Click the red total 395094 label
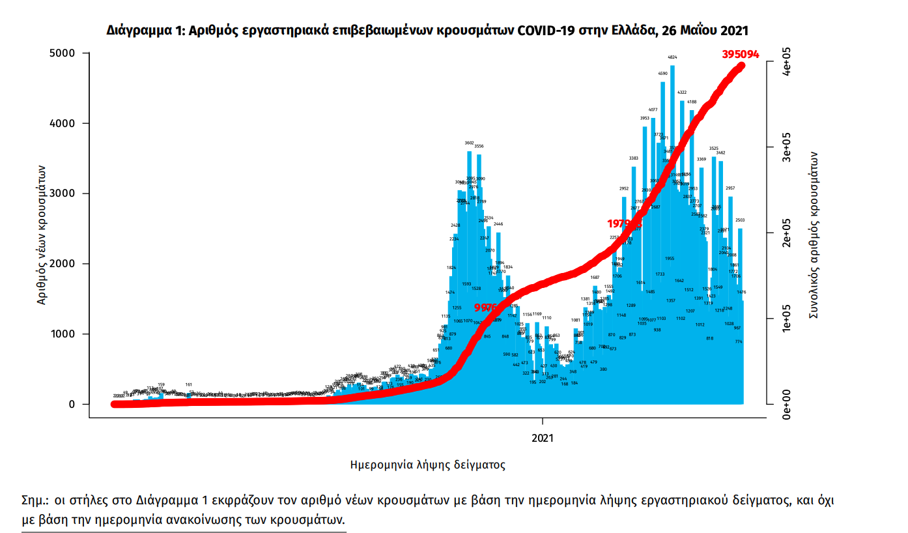pyautogui.click(x=741, y=54)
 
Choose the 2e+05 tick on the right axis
pyautogui.click(x=787, y=233)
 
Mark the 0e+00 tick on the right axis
pyautogui.click(x=787, y=403)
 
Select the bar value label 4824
pyautogui.click(x=672, y=58)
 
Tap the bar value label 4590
pyautogui.click(x=663, y=74)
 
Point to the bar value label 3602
pyautogui.click(x=469, y=143)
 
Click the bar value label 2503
pyautogui.click(x=740, y=220)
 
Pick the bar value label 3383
pyautogui.click(x=633, y=158)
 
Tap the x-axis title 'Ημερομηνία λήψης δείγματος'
pyautogui.click(x=428, y=465)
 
